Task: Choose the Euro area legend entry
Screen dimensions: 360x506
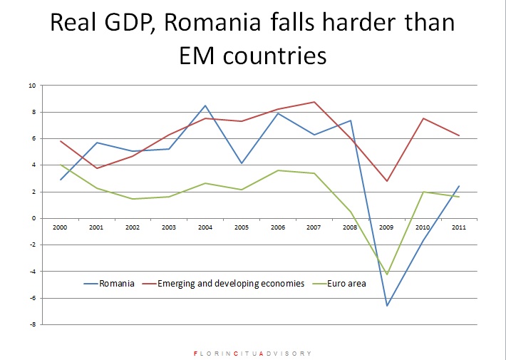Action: click(x=348, y=283)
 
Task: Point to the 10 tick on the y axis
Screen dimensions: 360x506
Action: click(x=31, y=86)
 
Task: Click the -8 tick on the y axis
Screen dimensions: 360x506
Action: click(x=31, y=324)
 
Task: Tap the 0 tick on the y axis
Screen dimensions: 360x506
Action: click(x=32, y=218)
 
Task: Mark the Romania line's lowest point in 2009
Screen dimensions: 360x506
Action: click(x=386, y=306)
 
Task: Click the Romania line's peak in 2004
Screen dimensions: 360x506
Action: click(x=205, y=106)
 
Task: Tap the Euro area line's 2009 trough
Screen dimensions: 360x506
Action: click(x=386, y=274)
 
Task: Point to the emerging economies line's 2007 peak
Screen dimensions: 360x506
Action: click(x=314, y=102)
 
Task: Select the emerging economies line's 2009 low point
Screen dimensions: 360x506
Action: click(x=386, y=181)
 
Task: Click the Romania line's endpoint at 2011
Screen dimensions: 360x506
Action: click(x=459, y=186)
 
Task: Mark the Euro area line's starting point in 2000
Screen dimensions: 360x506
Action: click(x=61, y=165)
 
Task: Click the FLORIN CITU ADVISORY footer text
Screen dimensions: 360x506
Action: click(x=252, y=353)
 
